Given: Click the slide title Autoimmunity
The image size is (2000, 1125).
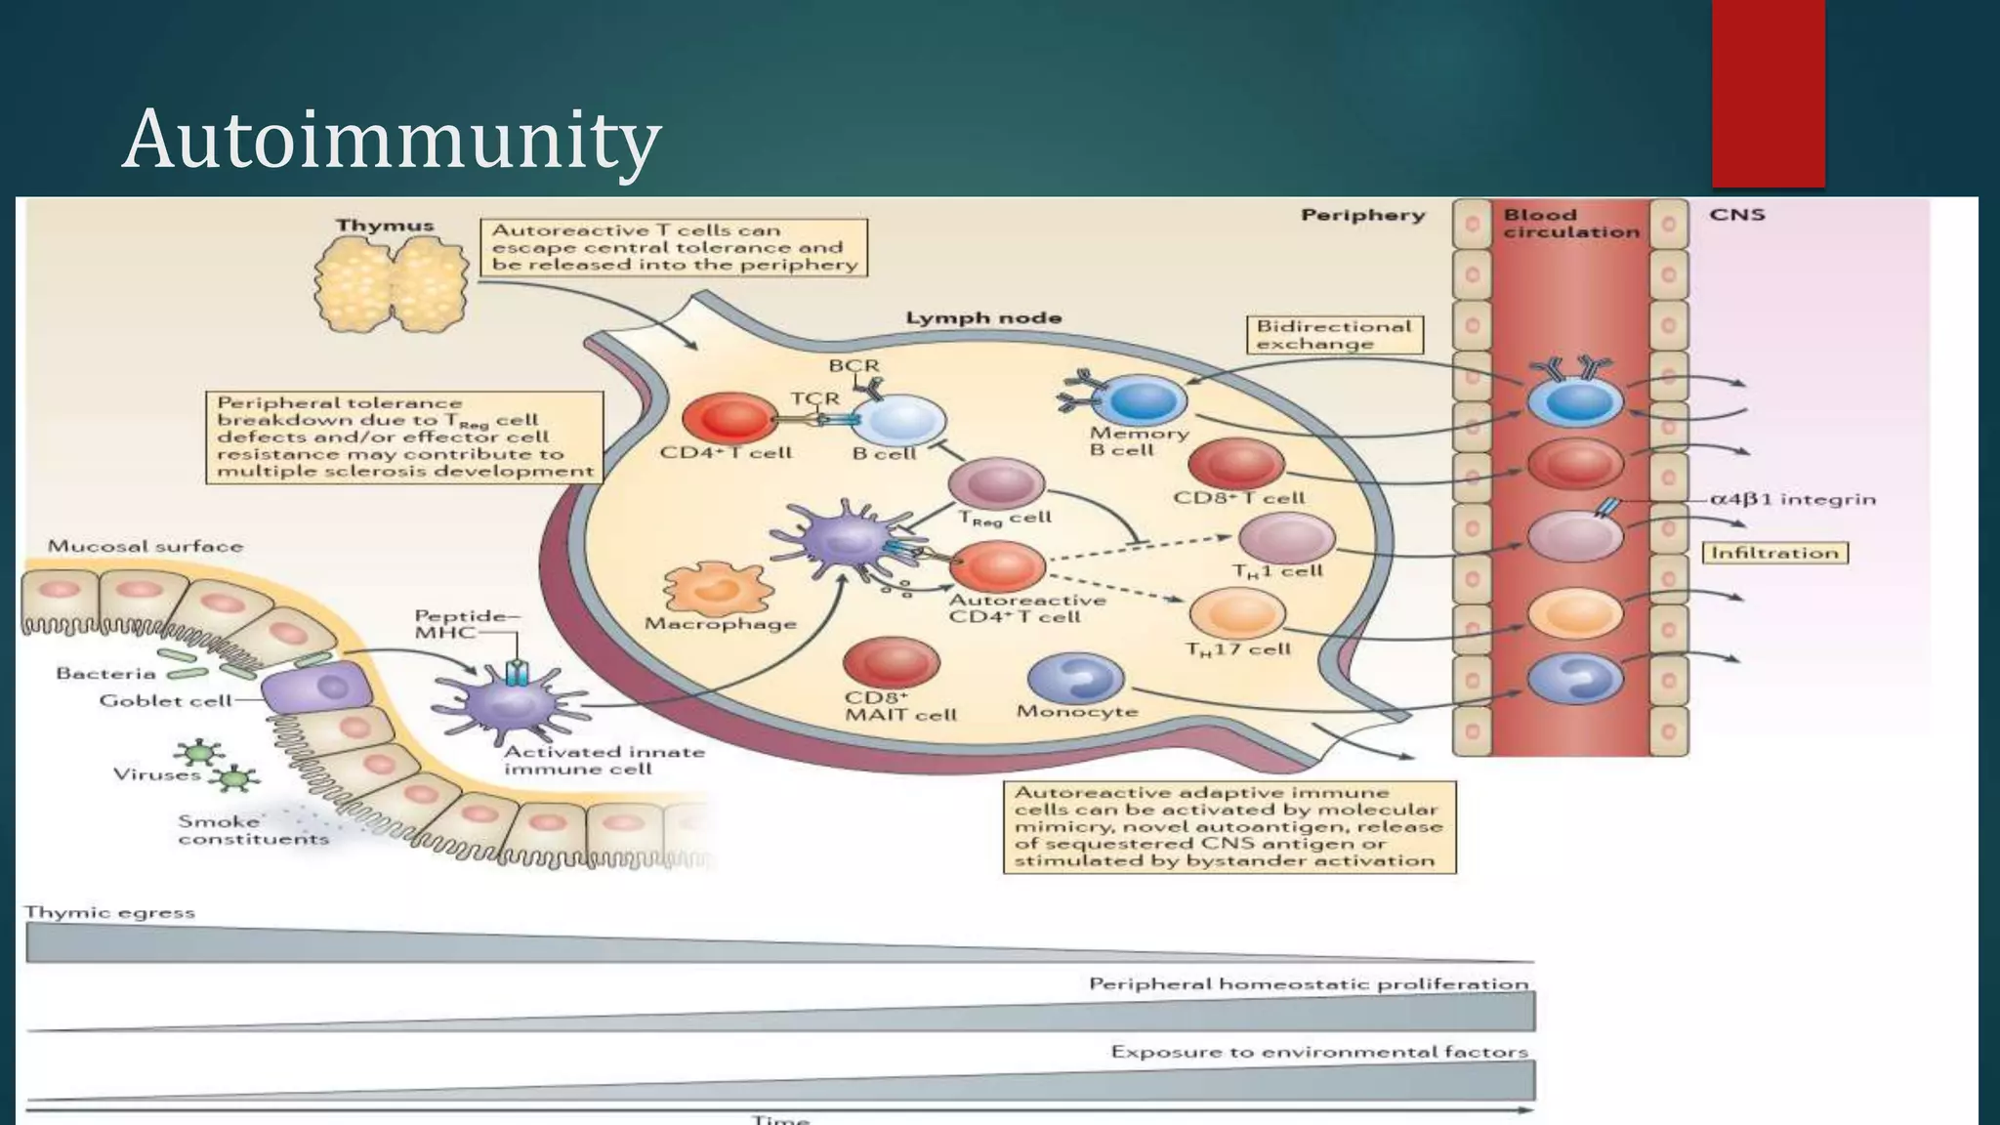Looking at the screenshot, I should click(x=392, y=139).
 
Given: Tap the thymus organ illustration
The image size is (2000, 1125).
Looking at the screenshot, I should click(x=391, y=284).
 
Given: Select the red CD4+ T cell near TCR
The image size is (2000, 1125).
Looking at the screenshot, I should click(x=730, y=419).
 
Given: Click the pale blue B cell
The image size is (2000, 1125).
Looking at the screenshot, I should click(x=903, y=422).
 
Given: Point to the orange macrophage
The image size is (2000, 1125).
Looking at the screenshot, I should click(x=718, y=588).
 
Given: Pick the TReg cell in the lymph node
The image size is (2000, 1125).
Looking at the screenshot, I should click(x=997, y=483).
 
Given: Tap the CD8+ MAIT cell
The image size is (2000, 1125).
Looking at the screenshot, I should click(x=891, y=663).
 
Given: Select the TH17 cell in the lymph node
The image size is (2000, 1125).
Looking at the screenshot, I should click(x=1237, y=613).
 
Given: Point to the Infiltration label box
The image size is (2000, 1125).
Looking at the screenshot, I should click(x=1774, y=553).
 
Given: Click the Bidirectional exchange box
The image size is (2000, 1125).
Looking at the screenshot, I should click(x=1334, y=335).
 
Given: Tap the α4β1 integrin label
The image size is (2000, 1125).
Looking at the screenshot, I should click(x=1793, y=499).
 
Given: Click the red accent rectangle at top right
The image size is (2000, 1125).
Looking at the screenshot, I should click(x=1768, y=93).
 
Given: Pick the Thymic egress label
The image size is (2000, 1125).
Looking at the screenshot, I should click(x=109, y=912).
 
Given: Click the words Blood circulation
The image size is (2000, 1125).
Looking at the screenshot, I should click(x=1570, y=224).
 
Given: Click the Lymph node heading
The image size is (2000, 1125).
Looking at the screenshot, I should click(x=982, y=317).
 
